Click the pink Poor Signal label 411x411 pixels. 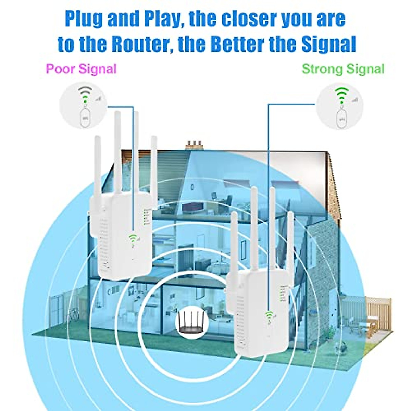point(81,69)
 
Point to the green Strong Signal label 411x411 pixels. point(343,69)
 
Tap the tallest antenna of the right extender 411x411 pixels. point(254,226)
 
